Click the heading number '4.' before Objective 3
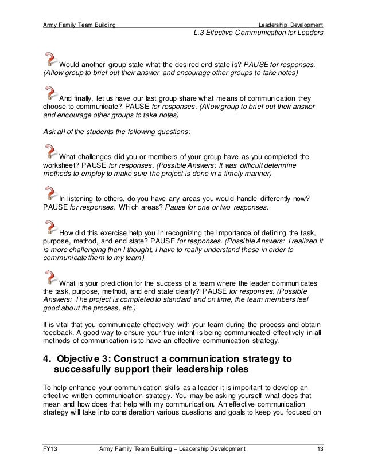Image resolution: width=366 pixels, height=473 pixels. (x=49, y=359)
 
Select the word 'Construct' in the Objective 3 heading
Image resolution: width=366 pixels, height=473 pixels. (x=140, y=359)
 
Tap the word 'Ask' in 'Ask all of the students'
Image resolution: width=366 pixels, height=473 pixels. (x=50, y=131)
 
